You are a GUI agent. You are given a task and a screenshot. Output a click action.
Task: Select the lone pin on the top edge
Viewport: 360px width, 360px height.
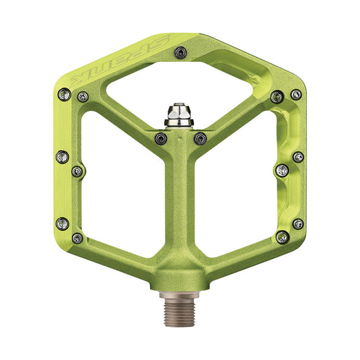(179, 51)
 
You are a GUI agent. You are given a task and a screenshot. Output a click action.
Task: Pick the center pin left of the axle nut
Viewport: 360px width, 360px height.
(160, 138)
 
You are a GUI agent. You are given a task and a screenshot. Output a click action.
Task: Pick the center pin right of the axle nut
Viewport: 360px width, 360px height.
(199, 138)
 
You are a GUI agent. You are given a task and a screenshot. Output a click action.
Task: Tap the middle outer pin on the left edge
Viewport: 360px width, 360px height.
(63, 157)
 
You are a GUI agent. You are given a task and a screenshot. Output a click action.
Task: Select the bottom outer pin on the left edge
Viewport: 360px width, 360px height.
(63, 223)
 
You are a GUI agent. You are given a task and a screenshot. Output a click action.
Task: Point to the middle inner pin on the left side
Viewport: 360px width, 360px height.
(77, 171)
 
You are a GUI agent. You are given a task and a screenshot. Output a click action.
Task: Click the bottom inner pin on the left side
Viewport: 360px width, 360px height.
(78, 238)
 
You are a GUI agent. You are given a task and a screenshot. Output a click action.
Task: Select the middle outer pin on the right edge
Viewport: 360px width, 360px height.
(297, 157)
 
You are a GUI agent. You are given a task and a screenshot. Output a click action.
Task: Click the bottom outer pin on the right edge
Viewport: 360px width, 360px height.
(297, 223)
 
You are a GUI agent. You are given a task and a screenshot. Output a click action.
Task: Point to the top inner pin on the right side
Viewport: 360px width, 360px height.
(276, 97)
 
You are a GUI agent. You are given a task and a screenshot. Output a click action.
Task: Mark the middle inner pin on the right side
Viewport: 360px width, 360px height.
(282, 170)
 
